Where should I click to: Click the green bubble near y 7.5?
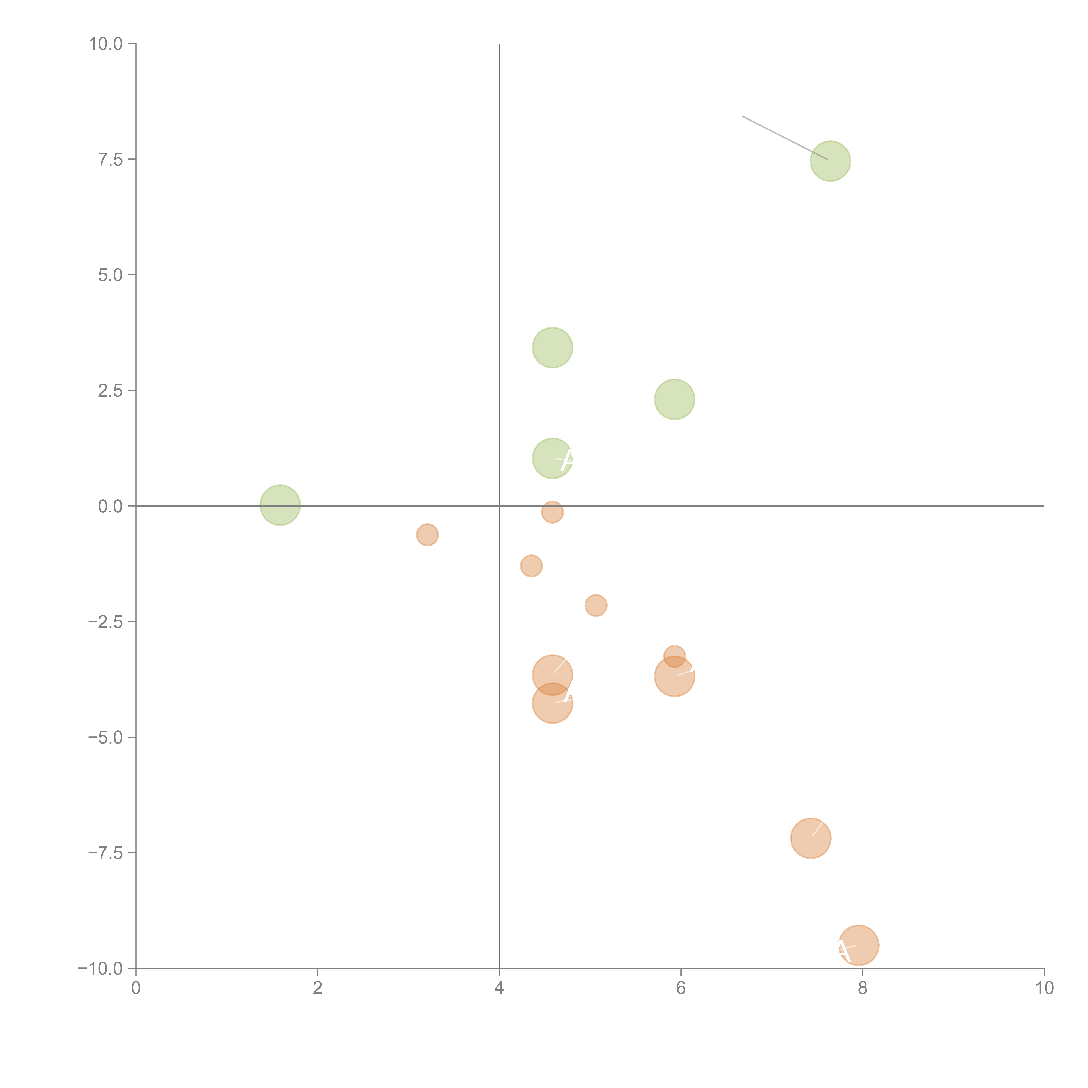[830, 161]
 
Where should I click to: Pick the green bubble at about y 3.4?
[552, 348]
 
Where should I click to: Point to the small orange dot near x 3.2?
[427, 534]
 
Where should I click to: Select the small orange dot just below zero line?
[552, 512]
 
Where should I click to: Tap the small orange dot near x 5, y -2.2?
[596, 605]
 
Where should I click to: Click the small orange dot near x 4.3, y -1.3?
[531, 565]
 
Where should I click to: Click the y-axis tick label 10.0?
[106, 44]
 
